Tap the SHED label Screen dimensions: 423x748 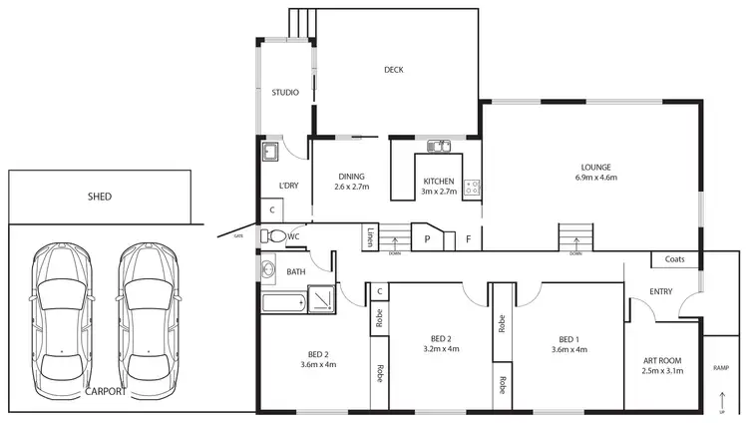tap(101, 197)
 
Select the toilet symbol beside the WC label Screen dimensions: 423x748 tap(272, 237)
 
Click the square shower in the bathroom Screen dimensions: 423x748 tap(322, 299)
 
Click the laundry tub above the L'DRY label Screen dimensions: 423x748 tap(270, 153)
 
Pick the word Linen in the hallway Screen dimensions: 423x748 tap(370, 238)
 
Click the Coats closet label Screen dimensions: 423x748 tap(673, 259)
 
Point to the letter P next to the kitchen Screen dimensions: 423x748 tap(427, 239)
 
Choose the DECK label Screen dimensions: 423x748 tap(394, 70)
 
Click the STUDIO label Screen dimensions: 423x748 tap(285, 93)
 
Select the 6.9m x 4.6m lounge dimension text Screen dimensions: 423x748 tap(595, 178)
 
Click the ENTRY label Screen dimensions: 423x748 tap(659, 292)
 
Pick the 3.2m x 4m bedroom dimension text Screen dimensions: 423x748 tap(440, 349)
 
